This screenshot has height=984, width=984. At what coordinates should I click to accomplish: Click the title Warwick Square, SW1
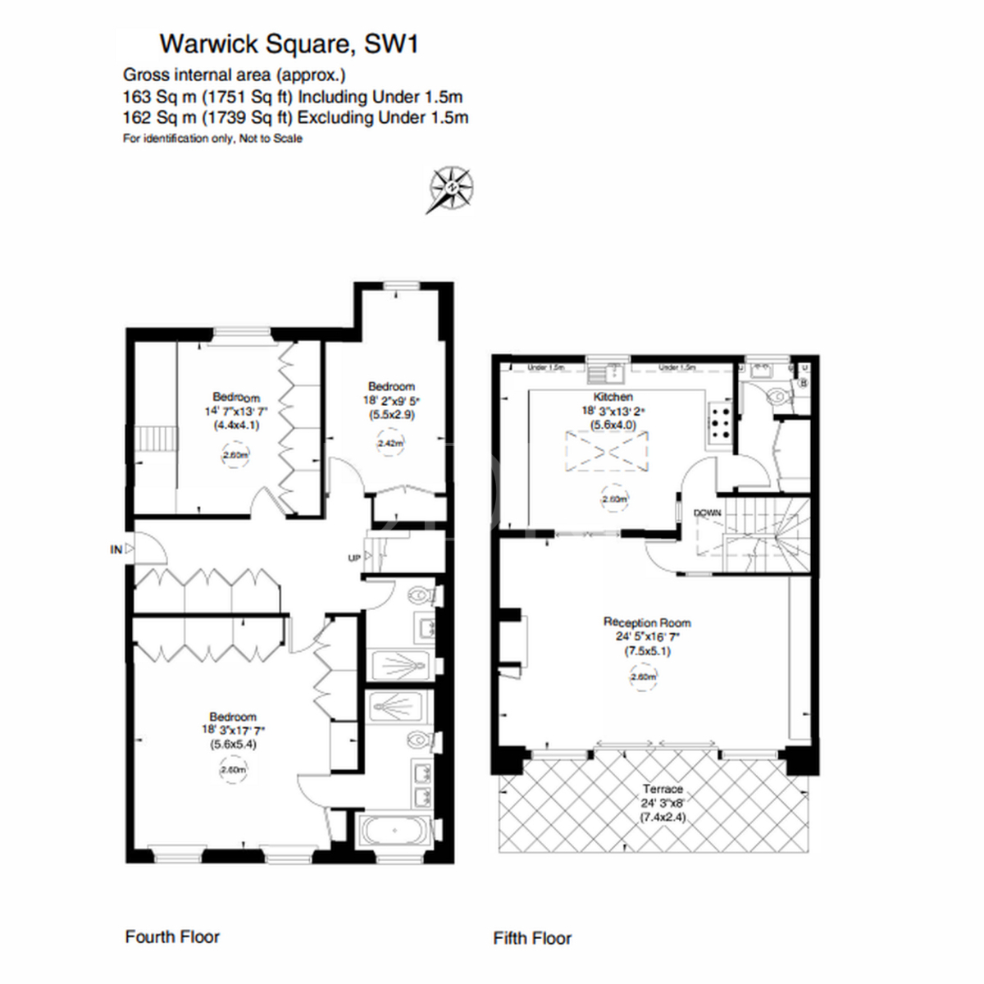coord(289,43)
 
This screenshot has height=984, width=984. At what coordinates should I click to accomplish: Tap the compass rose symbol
coord(450,189)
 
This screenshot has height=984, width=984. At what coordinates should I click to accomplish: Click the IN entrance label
coord(116,549)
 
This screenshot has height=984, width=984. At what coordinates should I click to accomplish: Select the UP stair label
coord(354,558)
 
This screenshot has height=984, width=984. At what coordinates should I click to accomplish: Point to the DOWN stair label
coord(708,512)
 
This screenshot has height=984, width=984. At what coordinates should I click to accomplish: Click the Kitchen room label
coord(613,397)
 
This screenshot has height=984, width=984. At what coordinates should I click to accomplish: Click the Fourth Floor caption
coord(172,936)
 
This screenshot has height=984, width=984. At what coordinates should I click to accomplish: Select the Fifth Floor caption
coord(532,938)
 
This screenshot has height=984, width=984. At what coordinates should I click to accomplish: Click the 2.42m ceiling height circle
coord(391,444)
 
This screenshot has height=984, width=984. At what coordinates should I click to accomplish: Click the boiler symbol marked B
coord(803,382)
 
